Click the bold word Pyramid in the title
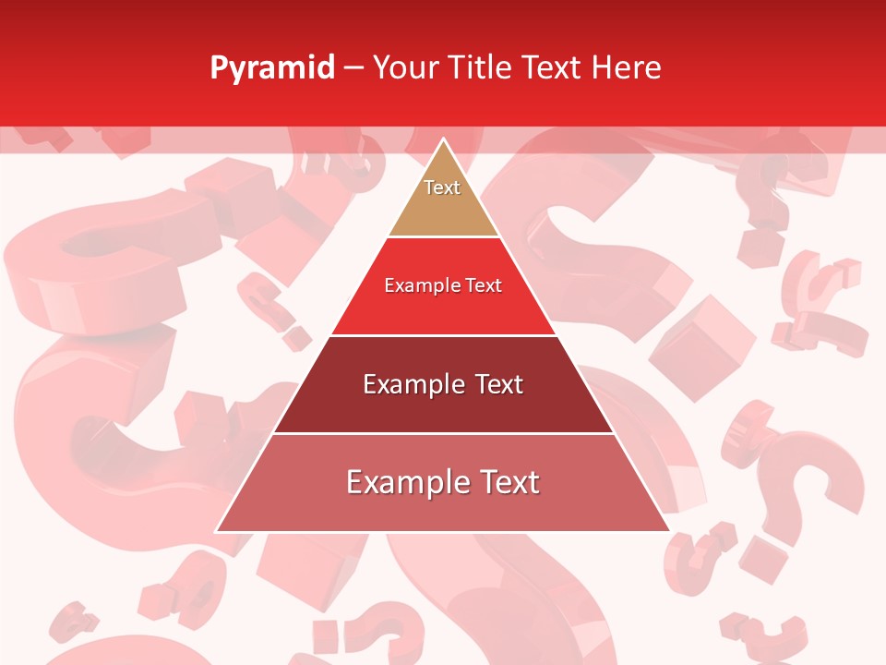tap(271, 68)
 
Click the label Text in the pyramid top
tap(442, 187)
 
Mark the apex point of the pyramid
tap(443, 139)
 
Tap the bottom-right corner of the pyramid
tap(668, 530)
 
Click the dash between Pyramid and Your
tap(353, 68)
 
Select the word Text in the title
tap(553, 68)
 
